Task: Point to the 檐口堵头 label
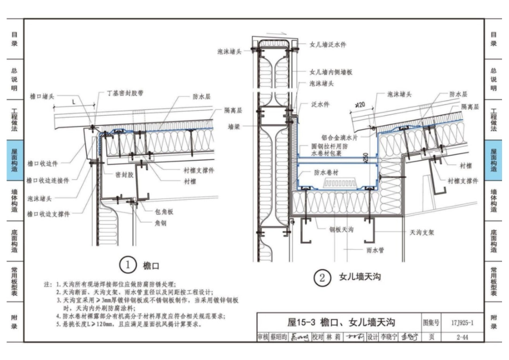point(42,96)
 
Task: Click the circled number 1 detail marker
point(128,265)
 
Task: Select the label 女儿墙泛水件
point(327,44)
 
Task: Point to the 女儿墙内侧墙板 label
point(331,72)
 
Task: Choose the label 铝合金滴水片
point(339,137)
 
